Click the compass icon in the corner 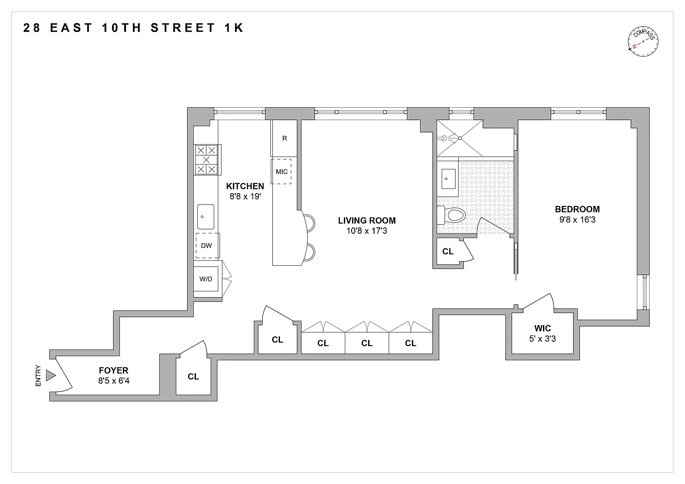(x=643, y=42)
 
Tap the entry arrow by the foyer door (x=50, y=375)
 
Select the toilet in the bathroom (x=451, y=215)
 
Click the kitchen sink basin (x=205, y=216)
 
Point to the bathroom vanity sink (x=448, y=179)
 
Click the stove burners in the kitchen (x=206, y=160)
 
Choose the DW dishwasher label (x=206, y=246)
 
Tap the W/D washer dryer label (x=206, y=279)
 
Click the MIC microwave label (x=282, y=172)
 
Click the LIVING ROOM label (x=367, y=221)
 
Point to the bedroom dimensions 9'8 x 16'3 (x=577, y=220)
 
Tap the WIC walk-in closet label (x=543, y=328)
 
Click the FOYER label (x=113, y=370)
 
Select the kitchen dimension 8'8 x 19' (x=245, y=196)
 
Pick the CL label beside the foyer (x=193, y=376)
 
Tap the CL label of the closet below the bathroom (x=448, y=251)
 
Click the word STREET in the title (x=183, y=28)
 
